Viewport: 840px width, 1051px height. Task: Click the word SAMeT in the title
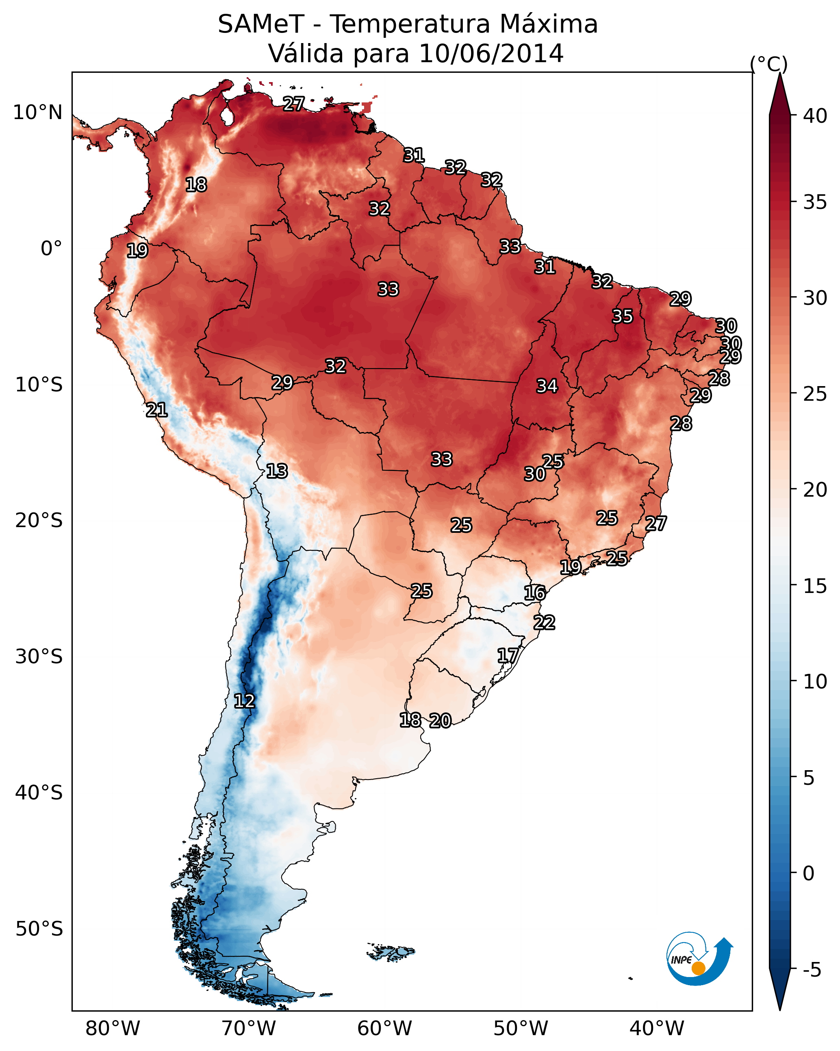(x=261, y=24)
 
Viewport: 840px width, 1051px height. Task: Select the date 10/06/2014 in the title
(x=491, y=53)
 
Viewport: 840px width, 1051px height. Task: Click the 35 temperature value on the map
(x=623, y=316)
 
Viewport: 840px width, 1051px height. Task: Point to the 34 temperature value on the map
(x=547, y=386)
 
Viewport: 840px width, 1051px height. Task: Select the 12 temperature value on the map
(x=244, y=701)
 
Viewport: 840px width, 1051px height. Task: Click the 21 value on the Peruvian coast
(x=157, y=410)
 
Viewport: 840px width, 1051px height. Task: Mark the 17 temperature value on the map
(x=508, y=655)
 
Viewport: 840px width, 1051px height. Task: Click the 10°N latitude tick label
(x=37, y=113)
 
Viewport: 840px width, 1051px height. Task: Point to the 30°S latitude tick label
(x=39, y=657)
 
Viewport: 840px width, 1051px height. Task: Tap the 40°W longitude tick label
(x=657, y=1028)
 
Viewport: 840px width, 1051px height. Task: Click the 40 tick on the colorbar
(x=815, y=116)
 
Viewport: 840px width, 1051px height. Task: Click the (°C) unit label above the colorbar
(x=769, y=64)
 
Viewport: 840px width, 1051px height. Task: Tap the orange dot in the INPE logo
(x=699, y=968)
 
